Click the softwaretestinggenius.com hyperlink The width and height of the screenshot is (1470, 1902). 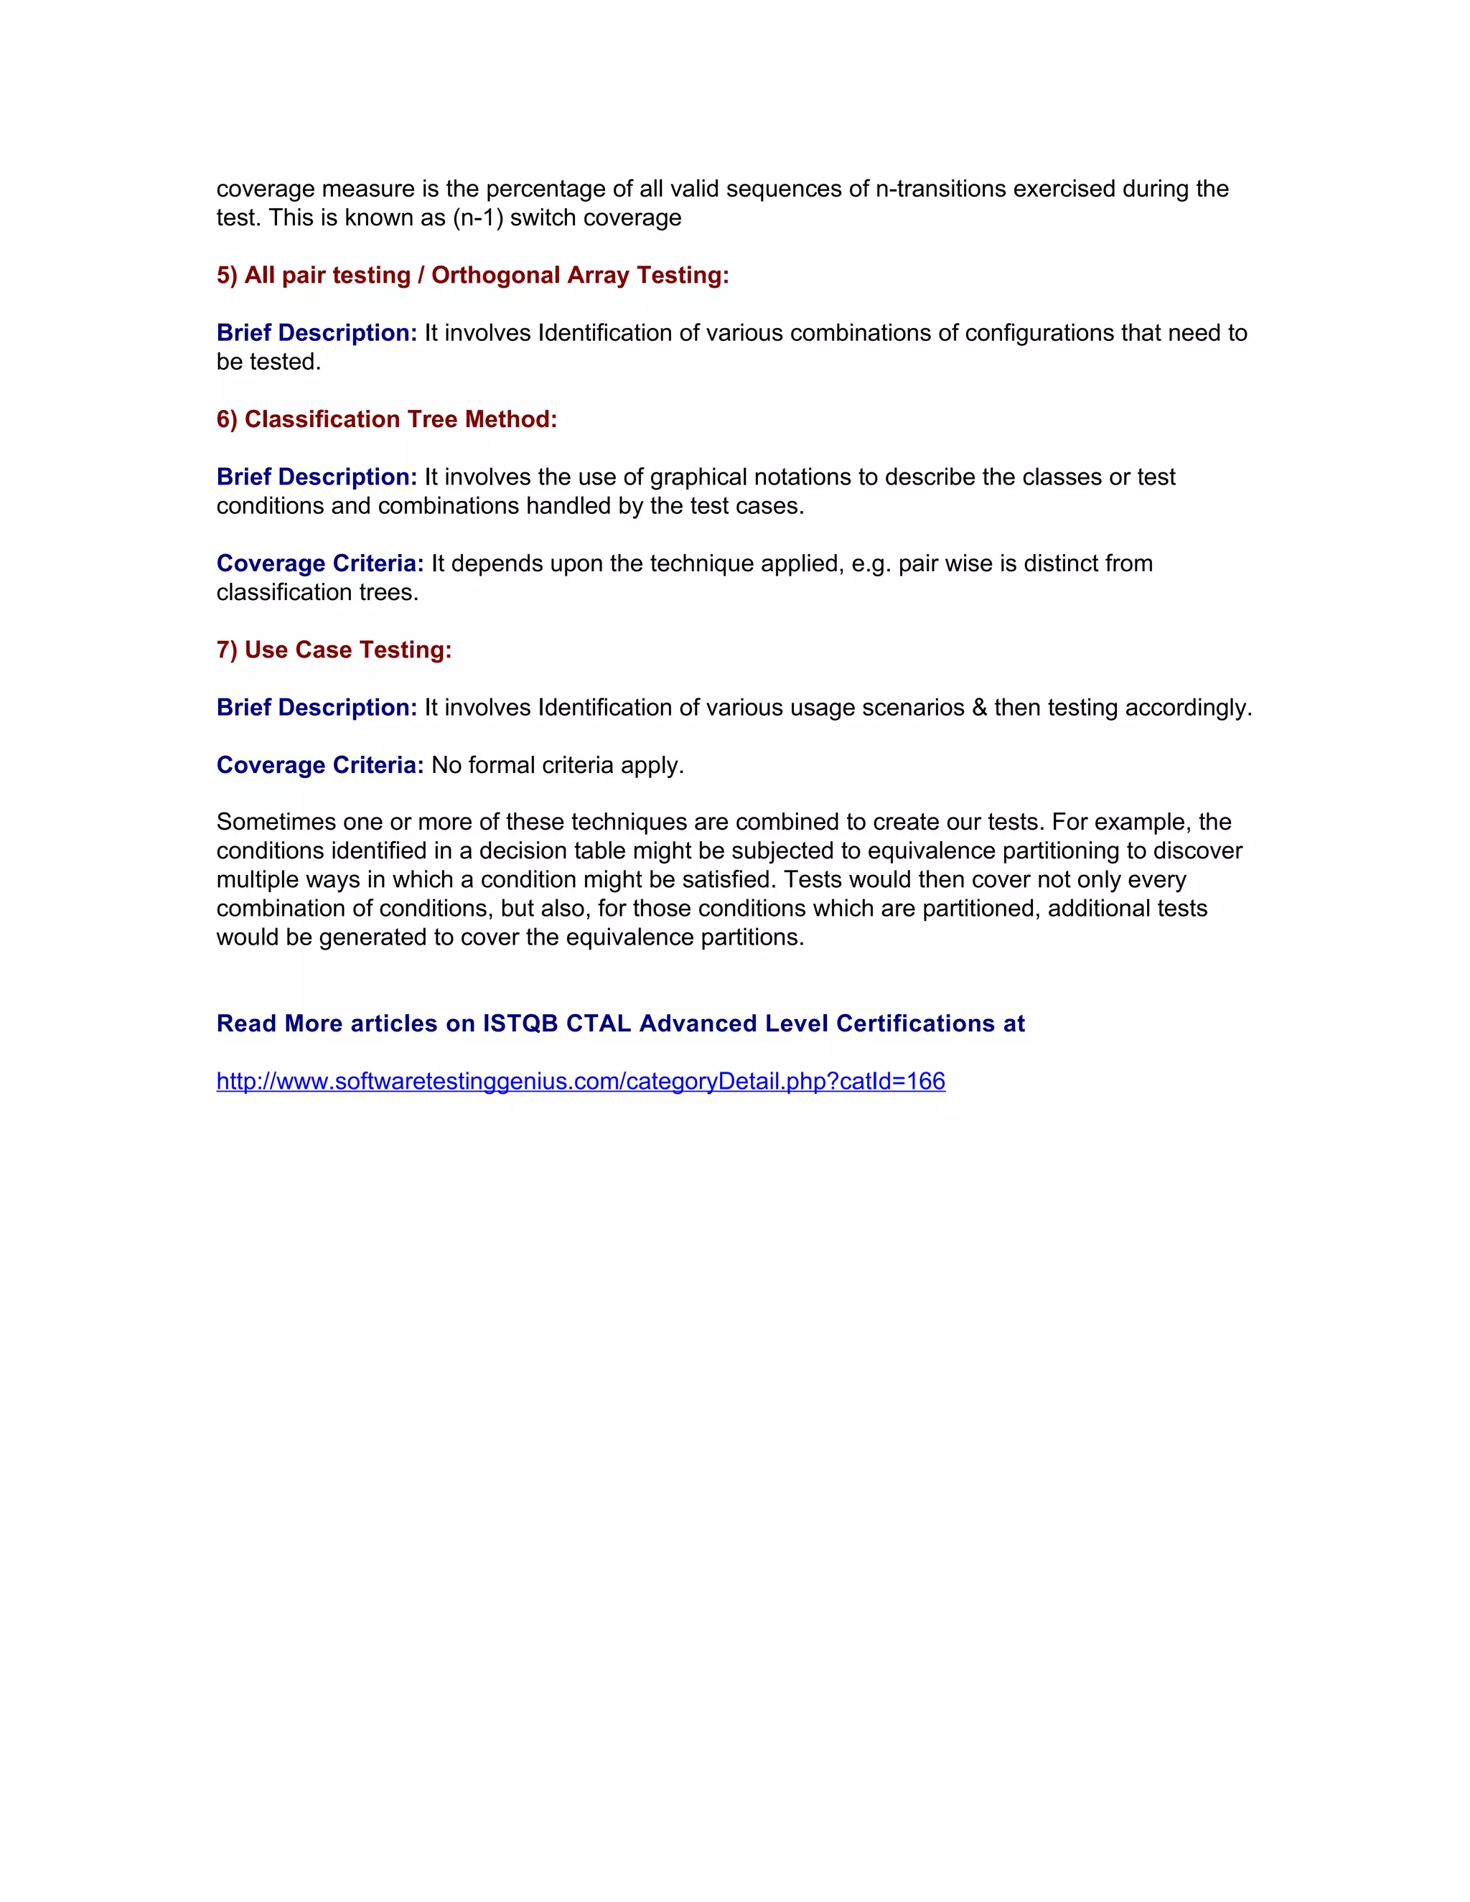pos(580,1081)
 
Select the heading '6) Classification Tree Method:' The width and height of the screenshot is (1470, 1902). pos(387,419)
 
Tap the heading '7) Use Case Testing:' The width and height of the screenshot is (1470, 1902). pos(334,650)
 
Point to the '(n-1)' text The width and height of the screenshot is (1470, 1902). pos(477,217)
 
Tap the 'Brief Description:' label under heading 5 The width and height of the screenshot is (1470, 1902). pos(317,333)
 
